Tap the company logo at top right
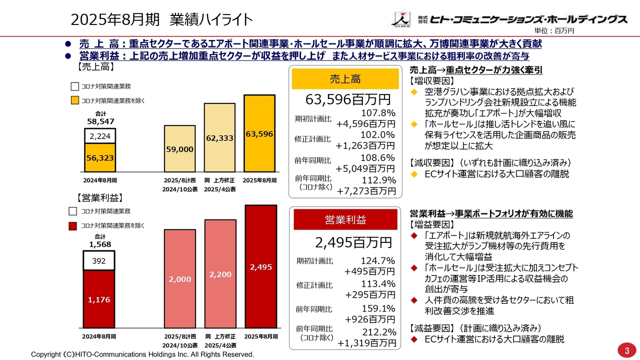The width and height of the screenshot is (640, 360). pyautogui.click(x=509, y=19)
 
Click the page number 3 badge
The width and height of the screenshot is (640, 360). pyautogui.click(x=626, y=350)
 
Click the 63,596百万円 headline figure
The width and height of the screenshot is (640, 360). pyautogui.click(x=348, y=99)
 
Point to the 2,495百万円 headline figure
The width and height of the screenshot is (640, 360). pyautogui.click(x=353, y=242)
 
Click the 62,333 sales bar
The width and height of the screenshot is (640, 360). pyautogui.click(x=219, y=138)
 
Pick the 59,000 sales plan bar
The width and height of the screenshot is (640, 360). pyautogui.click(x=179, y=149)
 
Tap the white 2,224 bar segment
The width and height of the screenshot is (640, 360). pyautogui.click(x=100, y=136)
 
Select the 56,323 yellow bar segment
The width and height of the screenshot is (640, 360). pyautogui.click(x=100, y=157)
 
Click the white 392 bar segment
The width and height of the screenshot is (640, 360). pyautogui.click(x=99, y=260)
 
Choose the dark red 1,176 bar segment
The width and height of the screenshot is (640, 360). pyautogui.click(x=99, y=299)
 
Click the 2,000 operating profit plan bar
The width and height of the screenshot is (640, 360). pyautogui.click(x=179, y=278)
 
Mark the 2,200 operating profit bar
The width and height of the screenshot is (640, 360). pyautogui.click(x=219, y=273)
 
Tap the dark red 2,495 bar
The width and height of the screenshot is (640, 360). pyautogui.click(x=260, y=266)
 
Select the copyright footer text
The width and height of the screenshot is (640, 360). pyautogui.click(x=142, y=354)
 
